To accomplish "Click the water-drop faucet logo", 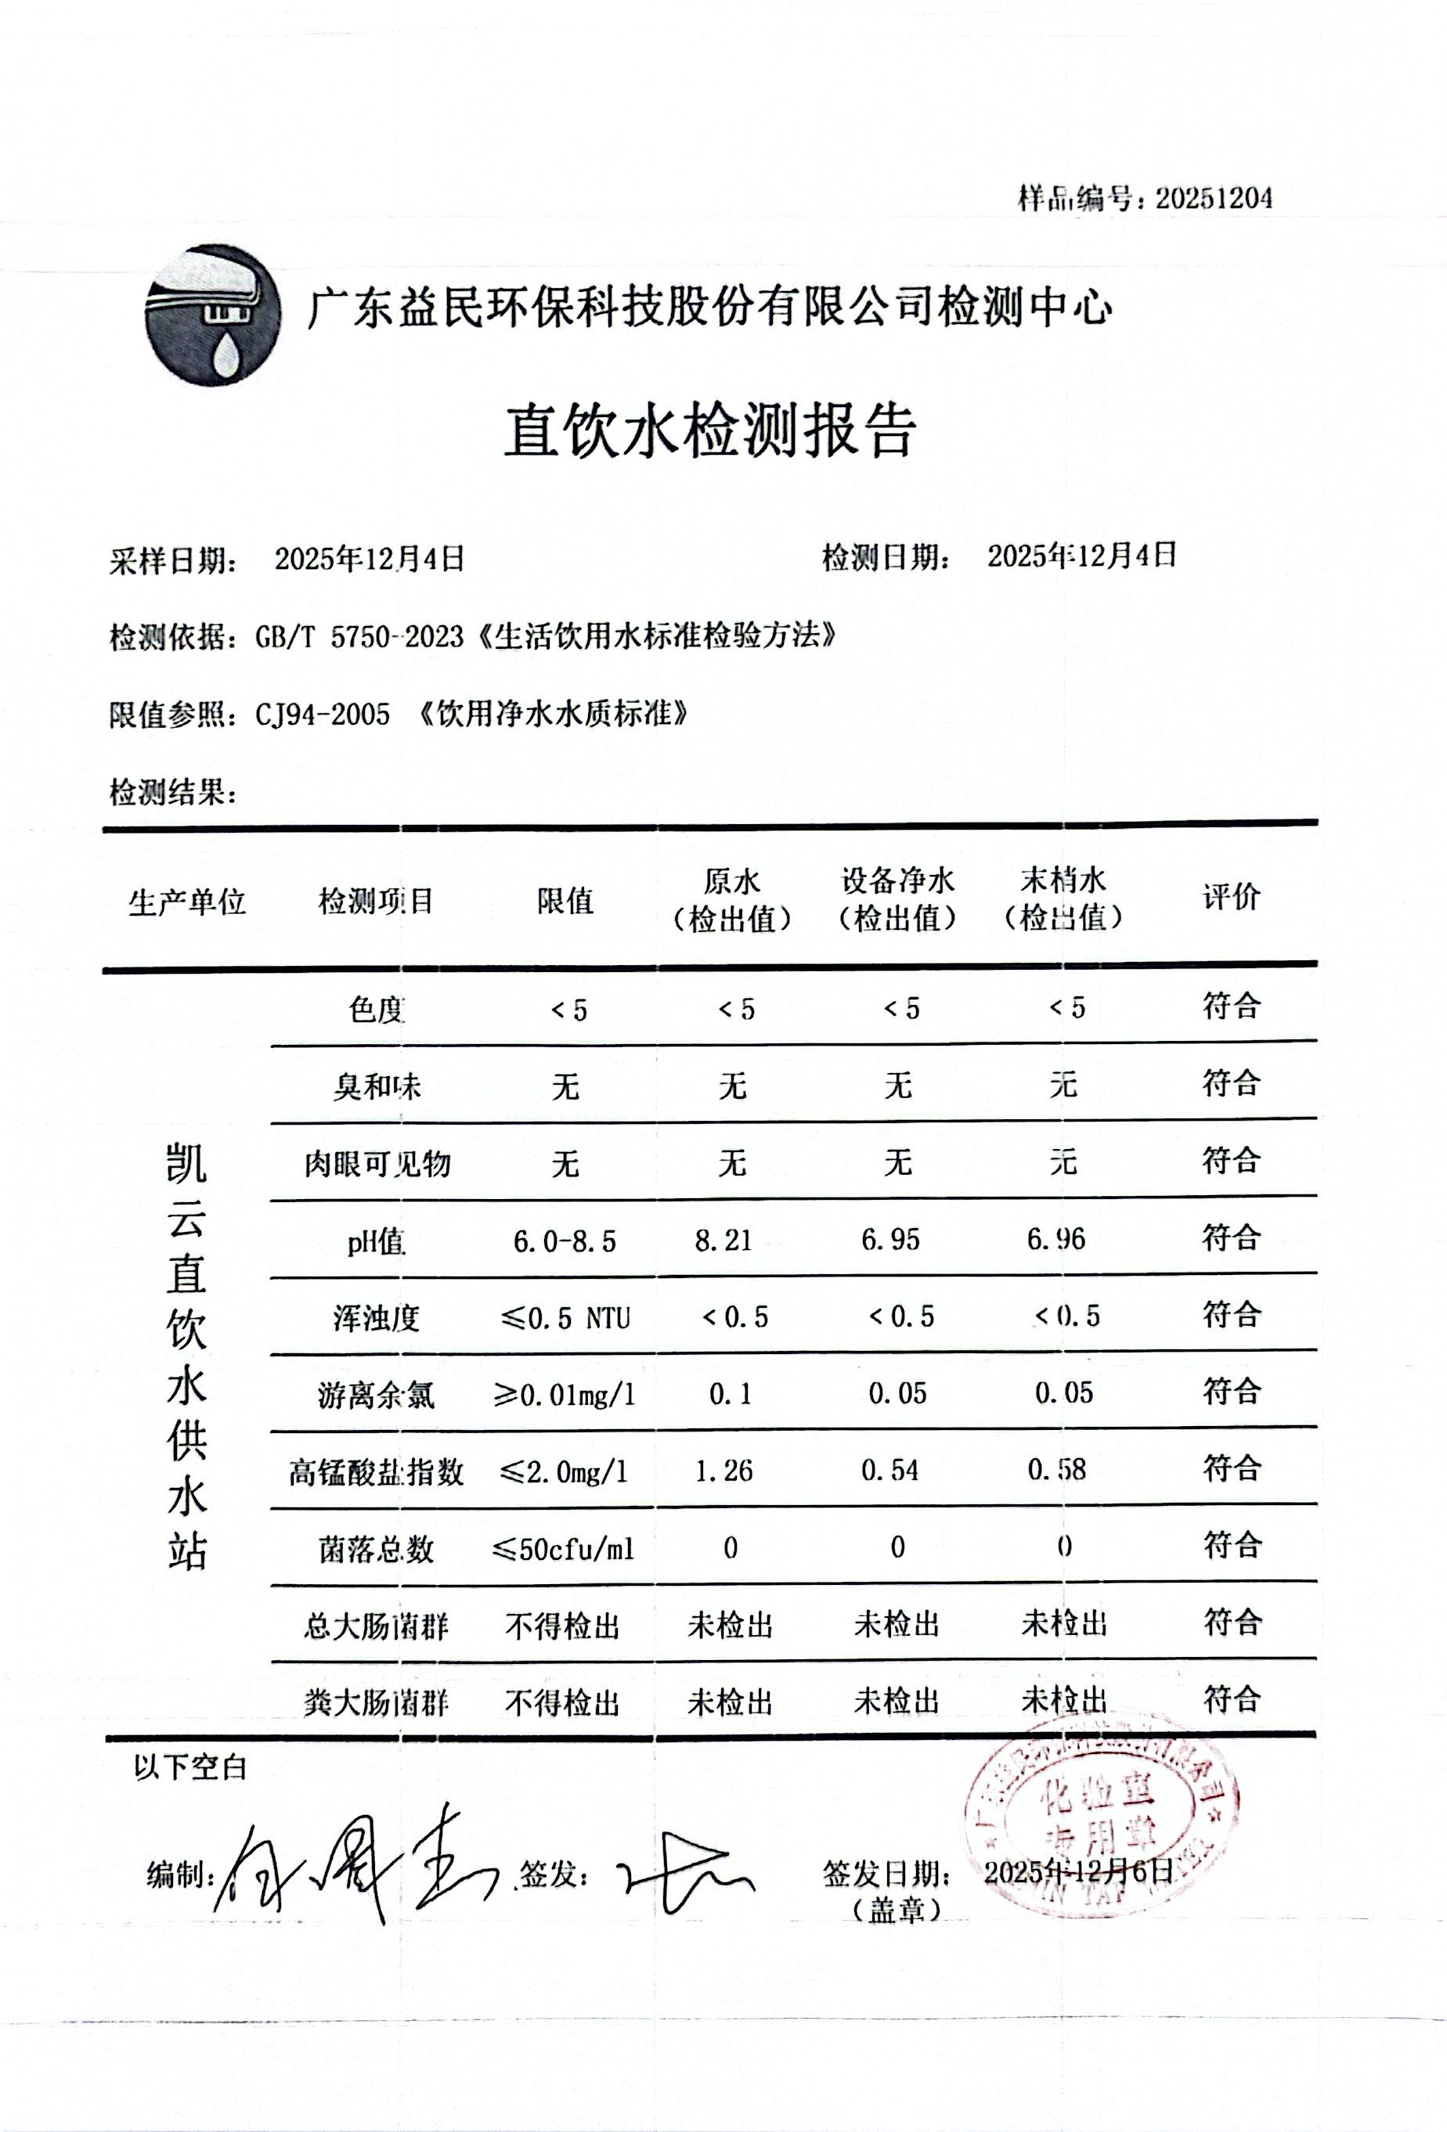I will pos(213,315).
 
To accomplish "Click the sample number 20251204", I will pos(1213,198).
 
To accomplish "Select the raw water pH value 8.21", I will pos(724,1241).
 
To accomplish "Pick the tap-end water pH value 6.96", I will pos(1056,1241).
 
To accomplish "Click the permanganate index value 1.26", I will pos(724,1471).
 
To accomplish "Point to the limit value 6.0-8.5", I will pos(565,1242).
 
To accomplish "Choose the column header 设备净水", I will pos(898,881).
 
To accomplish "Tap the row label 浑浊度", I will pos(376,1318).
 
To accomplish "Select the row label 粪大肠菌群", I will pos(376,1704).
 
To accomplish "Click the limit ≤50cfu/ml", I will pos(565,1550).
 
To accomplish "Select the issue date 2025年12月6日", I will pos(1079,1871).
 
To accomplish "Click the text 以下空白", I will pos(191,1768).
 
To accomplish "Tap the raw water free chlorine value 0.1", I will pos(731,1396).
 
